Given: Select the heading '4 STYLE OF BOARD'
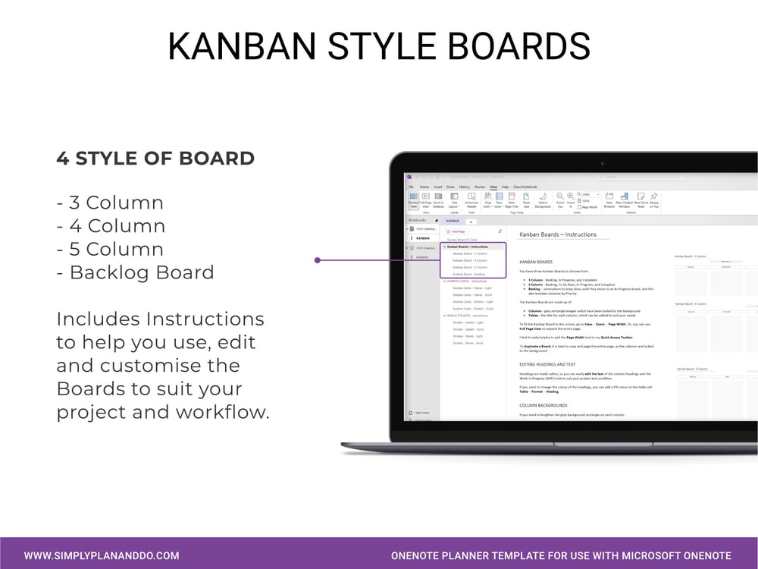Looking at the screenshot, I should click(155, 159).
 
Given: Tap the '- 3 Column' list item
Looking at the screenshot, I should click(110, 203).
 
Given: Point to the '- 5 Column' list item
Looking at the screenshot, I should click(111, 249).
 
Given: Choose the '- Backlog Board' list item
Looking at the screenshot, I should click(135, 272).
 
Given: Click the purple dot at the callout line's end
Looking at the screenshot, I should click(318, 260).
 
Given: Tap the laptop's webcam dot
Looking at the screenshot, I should click(603, 164).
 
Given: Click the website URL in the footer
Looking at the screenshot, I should click(102, 555).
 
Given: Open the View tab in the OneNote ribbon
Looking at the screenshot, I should click(493, 187).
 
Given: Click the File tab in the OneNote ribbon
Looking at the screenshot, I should click(411, 187).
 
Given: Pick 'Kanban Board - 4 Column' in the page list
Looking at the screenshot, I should click(470, 260).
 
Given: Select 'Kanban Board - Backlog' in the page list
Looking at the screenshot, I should click(469, 274).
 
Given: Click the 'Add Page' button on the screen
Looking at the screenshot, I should click(458, 231).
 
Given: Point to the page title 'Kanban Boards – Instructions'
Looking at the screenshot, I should click(559, 234).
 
